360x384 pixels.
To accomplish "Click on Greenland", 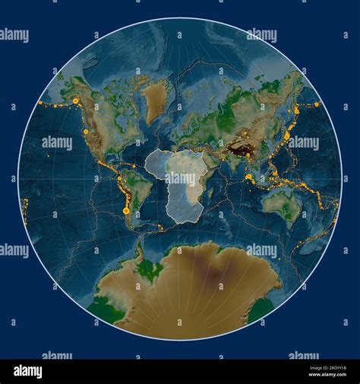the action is (156, 99).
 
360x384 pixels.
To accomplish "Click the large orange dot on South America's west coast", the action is (126, 210).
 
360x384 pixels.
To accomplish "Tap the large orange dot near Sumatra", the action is (248, 177).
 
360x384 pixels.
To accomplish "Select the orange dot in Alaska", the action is (75, 100).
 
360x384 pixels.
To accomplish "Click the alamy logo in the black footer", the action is (28, 370).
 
